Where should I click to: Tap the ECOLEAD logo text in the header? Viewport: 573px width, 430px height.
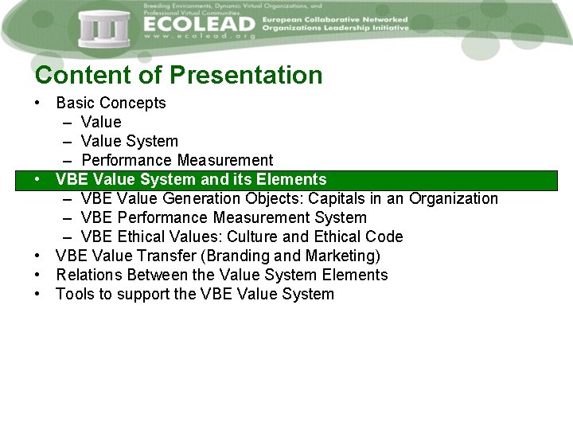tap(199, 24)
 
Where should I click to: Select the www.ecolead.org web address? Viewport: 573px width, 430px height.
tap(199, 37)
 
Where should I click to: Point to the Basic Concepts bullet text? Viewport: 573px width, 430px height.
tap(111, 103)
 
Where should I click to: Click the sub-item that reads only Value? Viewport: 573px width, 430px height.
tap(101, 122)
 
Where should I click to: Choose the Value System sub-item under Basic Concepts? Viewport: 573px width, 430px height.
tap(129, 141)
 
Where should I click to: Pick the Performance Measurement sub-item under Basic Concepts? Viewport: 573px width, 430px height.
tap(177, 160)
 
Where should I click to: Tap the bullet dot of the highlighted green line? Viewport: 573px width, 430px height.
tap(38, 179)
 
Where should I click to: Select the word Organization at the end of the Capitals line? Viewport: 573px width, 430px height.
tap(453, 198)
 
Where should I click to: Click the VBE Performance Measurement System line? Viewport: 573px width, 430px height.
tap(224, 217)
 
